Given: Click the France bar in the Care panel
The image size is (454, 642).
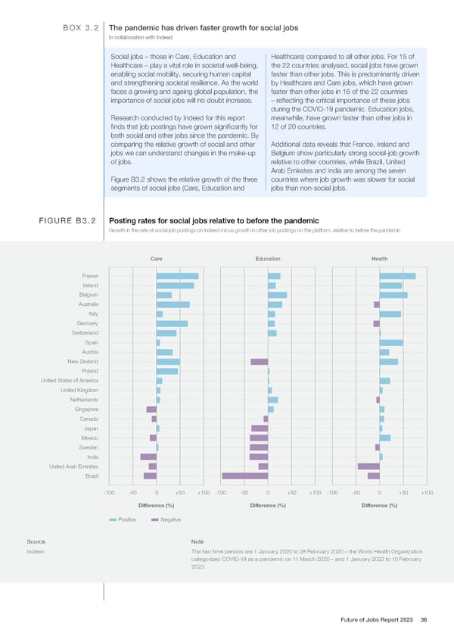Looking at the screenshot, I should point(177,276).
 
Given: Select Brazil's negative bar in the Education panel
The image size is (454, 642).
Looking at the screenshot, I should point(244,475).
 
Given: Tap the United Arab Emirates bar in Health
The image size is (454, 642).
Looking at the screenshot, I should point(368,466).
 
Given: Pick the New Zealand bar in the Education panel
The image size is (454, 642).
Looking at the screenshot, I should point(260,362).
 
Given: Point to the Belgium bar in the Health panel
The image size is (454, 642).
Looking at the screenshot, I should point(393,295).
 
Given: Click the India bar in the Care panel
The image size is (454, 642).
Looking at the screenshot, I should point(148,457).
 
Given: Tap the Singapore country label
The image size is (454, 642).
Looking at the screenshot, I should point(84,409).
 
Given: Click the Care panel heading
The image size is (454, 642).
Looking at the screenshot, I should point(157,260).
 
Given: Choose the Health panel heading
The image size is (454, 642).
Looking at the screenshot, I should point(380,260).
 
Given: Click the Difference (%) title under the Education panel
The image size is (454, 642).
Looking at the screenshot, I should point(267,506).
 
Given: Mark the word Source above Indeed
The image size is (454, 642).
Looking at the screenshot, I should point(35,542).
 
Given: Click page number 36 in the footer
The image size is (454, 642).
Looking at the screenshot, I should point(424,620).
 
